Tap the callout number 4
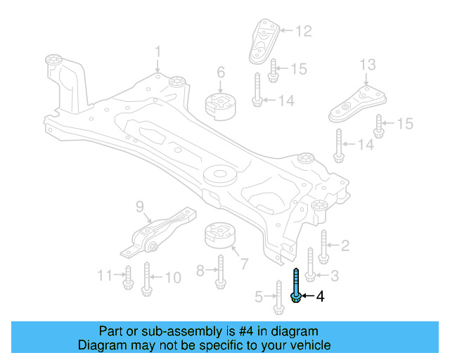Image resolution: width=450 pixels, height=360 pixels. tap(321, 297)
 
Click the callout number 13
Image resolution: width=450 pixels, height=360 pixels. tap(368, 65)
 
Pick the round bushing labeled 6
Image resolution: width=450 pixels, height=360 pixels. tap(219, 105)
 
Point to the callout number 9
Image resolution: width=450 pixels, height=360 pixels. tap(139, 206)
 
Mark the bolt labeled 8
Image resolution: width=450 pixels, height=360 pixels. tap(220, 271)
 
